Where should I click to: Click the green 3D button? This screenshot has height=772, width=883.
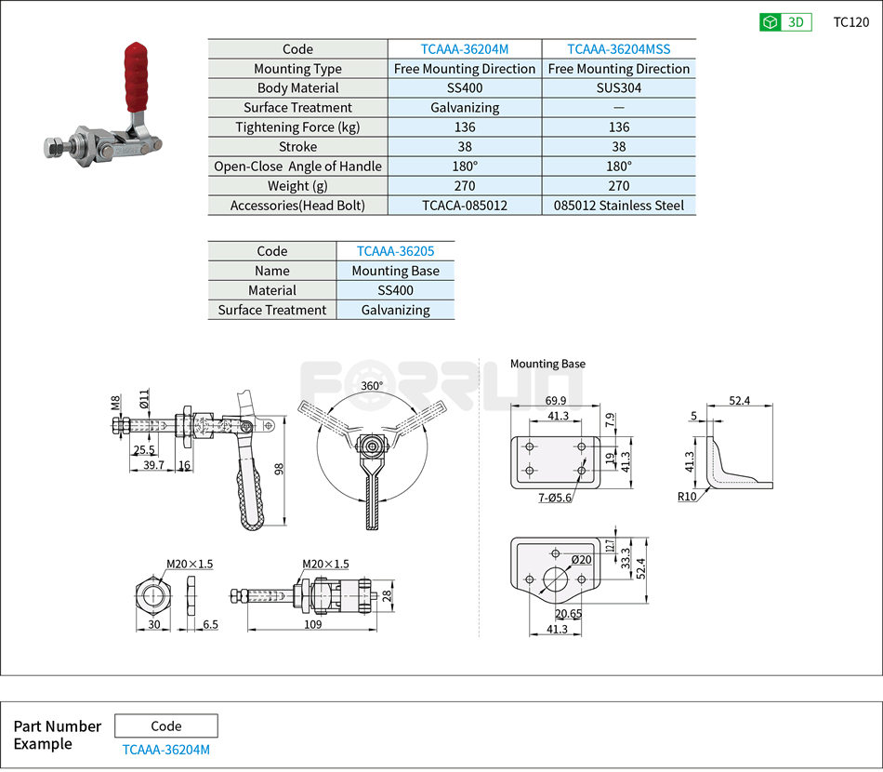(x=785, y=22)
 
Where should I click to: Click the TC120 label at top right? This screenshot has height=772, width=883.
(x=850, y=22)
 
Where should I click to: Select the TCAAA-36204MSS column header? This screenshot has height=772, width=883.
(x=618, y=49)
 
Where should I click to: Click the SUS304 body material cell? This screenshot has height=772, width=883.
(x=618, y=88)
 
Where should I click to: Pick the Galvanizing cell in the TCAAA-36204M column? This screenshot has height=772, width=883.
(x=465, y=108)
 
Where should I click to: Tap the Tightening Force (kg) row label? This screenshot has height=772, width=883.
(x=297, y=127)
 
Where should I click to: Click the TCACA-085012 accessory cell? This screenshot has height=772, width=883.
(x=465, y=206)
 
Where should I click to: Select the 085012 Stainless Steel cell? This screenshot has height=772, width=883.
(x=618, y=206)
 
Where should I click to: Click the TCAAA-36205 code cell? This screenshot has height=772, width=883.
(x=395, y=251)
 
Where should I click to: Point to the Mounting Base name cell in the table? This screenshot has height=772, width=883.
(x=395, y=271)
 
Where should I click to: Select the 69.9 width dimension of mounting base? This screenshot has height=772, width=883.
(x=557, y=401)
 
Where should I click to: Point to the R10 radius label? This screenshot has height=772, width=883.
(x=687, y=497)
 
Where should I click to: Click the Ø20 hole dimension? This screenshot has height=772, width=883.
(x=582, y=559)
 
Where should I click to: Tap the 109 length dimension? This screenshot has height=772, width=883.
(x=312, y=625)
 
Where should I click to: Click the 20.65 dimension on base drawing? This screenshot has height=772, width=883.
(x=568, y=614)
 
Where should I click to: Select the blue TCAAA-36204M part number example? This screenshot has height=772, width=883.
(x=166, y=750)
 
